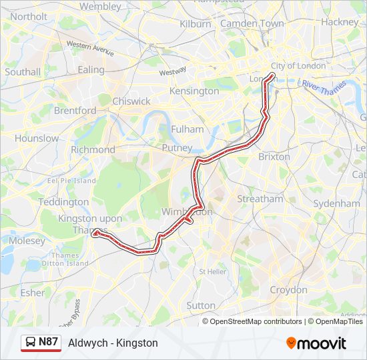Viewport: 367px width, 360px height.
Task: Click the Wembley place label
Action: tap(100, 6)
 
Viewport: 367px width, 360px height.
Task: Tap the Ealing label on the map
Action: tap(91, 69)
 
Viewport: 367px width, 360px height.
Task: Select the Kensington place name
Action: tap(194, 91)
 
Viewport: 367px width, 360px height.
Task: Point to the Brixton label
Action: tap(274, 157)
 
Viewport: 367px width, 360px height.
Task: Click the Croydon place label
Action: tap(288, 290)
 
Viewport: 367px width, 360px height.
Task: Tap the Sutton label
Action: tap(201, 305)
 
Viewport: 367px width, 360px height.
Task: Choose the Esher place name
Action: tap(33, 293)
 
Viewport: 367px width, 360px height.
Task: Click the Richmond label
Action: tap(93, 150)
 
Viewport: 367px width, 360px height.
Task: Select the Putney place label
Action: tap(177, 148)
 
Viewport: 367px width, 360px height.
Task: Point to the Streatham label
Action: tap(260, 199)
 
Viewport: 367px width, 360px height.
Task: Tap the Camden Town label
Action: tap(252, 23)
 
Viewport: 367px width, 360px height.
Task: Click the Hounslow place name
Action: tap(37, 139)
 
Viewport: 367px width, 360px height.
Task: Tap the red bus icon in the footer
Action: tap(30, 343)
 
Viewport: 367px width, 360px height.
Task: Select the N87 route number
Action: tap(48, 342)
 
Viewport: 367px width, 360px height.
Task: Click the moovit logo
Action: tap(316, 343)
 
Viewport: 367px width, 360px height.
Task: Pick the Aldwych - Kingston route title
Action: tap(113, 343)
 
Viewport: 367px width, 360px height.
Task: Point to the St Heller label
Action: tap(213, 272)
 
